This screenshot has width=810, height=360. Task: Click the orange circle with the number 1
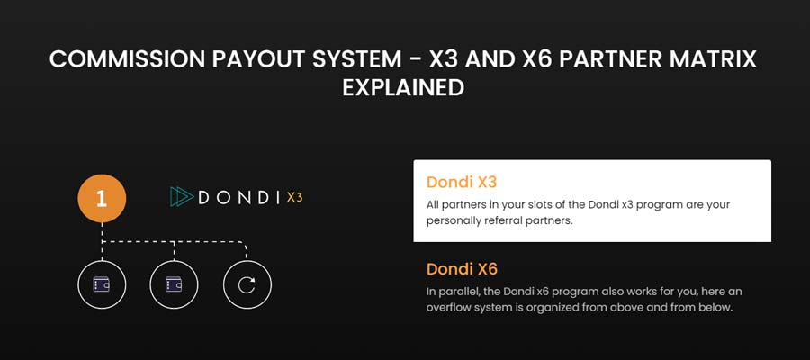click(x=102, y=198)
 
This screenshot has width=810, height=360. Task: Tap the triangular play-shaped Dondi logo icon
click(x=181, y=198)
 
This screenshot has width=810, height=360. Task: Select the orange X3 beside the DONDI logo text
click(x=294, y=198)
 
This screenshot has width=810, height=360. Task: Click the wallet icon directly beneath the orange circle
click(x=102, y=284)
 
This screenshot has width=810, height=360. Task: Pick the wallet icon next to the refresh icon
click(x=174, y=284)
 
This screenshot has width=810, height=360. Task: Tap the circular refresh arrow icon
click(x=247, y=284)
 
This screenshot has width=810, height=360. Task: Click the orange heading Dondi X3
click(x=462, y=183)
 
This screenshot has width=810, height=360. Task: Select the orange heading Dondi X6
click(x=462, y=269)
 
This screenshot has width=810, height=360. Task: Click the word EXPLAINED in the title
click(x=403, y=88)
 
